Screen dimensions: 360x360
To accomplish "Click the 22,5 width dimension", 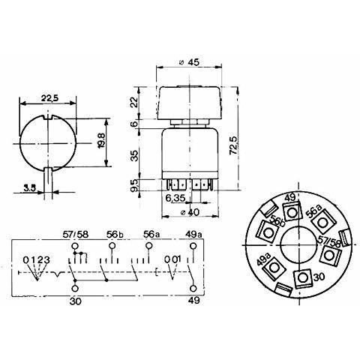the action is [x=49, y=98].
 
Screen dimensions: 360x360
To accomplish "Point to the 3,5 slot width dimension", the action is [x=30, y=187].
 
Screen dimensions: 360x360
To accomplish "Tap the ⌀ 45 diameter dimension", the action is [x=190, y=61].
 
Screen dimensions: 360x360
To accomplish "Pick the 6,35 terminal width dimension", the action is [x=175, y=198].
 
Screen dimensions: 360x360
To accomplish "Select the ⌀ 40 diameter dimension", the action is [x=190, y=212].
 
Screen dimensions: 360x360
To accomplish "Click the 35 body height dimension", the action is [x=134, y=155].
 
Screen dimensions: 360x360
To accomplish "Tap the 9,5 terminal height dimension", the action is [x=134, y=185].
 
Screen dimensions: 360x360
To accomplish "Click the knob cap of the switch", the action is [x=190, y=103].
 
